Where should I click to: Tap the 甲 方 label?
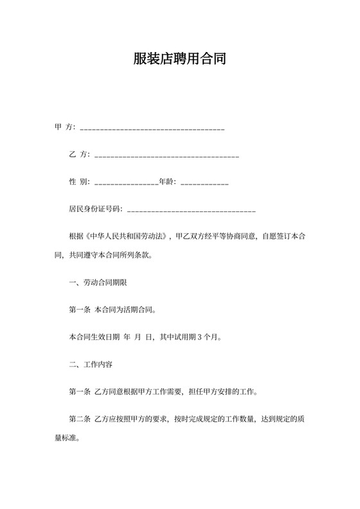click(x=65, y=128)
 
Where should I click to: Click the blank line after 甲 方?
click(x=152, y=129)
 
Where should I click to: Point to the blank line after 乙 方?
click(x=166, y=157)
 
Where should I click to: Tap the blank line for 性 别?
click(x=126, y=184)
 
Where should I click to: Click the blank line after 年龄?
click(x=204, y=184)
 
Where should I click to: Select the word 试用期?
click(x=183, y=337)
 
